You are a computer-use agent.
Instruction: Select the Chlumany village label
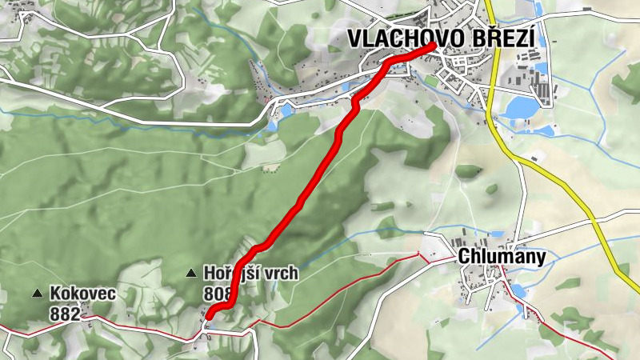pyautogui.click(x=502, y=257)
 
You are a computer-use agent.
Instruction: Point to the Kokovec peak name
pyautogui.click(x=82, y=294)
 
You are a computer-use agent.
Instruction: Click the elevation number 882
pyautogui.click(x=64, y=314)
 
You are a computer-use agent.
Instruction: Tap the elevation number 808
pyautogui.click(x=218, y=294)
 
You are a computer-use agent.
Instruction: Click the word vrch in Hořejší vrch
pyautogui.click(x=281, y=274)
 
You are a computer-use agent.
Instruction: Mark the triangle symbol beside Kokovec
pyautogui.click(x=37, y=294)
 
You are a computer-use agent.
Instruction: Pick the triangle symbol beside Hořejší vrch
pyautogui.click(x=191, y=274)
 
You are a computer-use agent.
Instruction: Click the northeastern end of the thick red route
pyautogui.click(x=433, y=46)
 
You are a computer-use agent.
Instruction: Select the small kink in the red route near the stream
pyautogui.click(x=355, y=102)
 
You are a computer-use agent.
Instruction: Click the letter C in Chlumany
pyautogui.click(x=463, y=257)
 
